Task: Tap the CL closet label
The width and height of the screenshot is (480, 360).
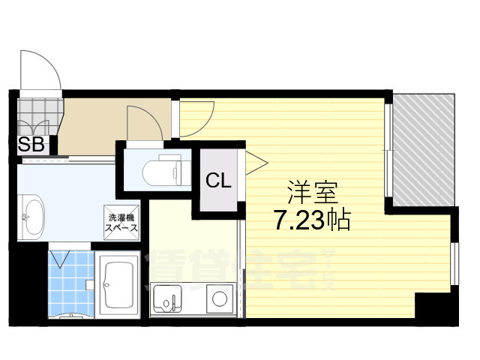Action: pyautogui.click(x=220, y=180)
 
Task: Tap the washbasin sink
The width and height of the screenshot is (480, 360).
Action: pyautogui.click(x=31, y=215)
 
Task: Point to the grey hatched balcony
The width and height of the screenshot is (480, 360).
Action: pyautogui.click(x=424, y=150)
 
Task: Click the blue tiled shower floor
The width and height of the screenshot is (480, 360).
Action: pyautogui.click(x=71, y=285)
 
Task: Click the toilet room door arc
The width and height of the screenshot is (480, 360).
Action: pyautogui.click(x=145, y=122)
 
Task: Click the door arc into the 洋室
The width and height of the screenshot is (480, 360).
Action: pyautogui.click(x=196, y=120)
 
